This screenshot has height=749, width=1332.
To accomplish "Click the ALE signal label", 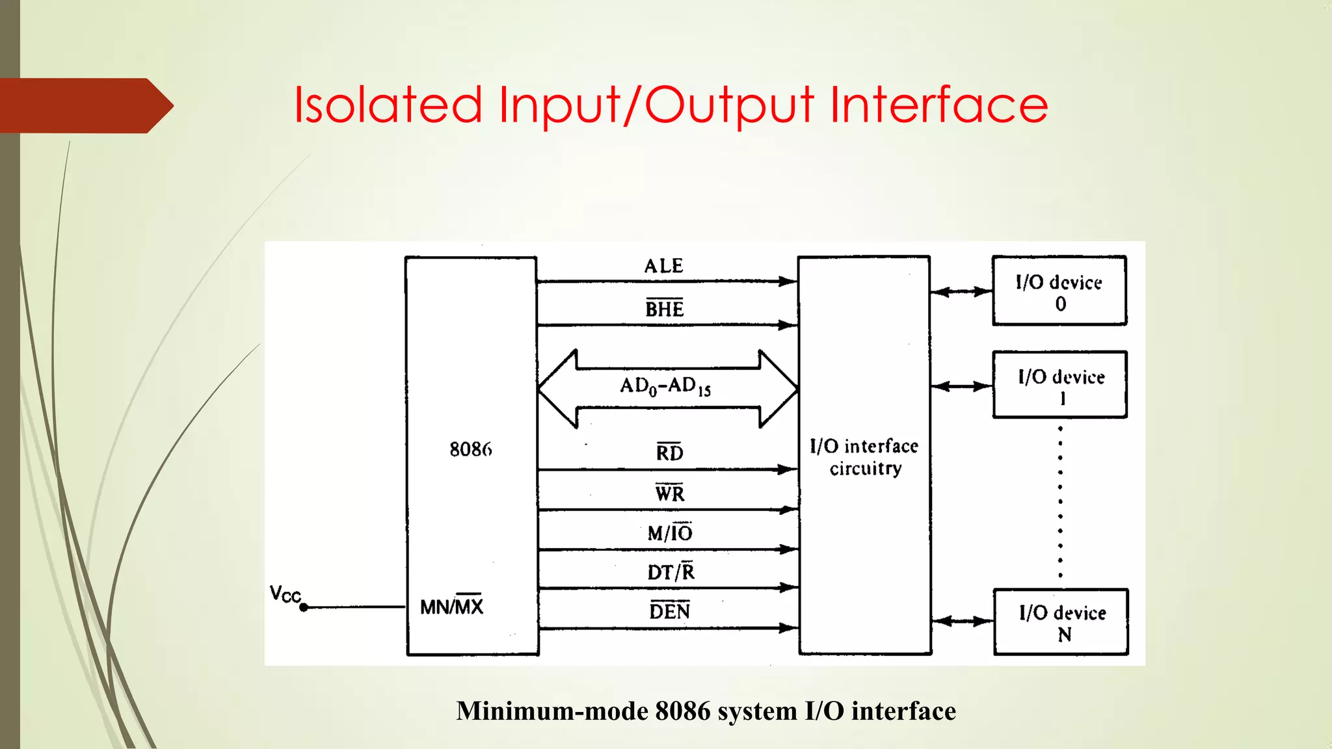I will coord(663,266).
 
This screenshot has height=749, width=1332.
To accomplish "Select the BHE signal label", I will coord(664,309).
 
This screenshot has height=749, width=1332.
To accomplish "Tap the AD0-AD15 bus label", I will coord(665,386).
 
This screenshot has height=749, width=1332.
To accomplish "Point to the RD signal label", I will coord(669,453).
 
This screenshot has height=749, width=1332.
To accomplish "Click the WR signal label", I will coord(669,493).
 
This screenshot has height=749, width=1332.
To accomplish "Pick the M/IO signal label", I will coord(670,533).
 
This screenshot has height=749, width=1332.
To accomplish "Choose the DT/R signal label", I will coord(671,572).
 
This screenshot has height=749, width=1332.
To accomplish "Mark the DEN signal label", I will coord(670,611).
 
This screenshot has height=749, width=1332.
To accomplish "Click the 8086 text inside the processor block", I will coord(471,449).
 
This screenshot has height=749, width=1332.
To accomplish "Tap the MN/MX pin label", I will coord(452,607).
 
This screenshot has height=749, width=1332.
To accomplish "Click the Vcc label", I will coord(285,594).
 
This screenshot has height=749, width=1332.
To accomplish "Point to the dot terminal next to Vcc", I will coord(304,607).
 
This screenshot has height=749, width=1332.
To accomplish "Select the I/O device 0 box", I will coord(1059,291).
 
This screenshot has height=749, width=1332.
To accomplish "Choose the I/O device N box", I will coord(1061,622).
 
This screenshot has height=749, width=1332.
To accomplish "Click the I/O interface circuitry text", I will coord(864,457).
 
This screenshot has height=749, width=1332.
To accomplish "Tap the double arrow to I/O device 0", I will coord(961,292).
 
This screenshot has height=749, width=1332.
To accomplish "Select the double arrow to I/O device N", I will coord(962,622).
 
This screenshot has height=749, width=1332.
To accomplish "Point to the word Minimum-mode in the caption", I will coord(552,711).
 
